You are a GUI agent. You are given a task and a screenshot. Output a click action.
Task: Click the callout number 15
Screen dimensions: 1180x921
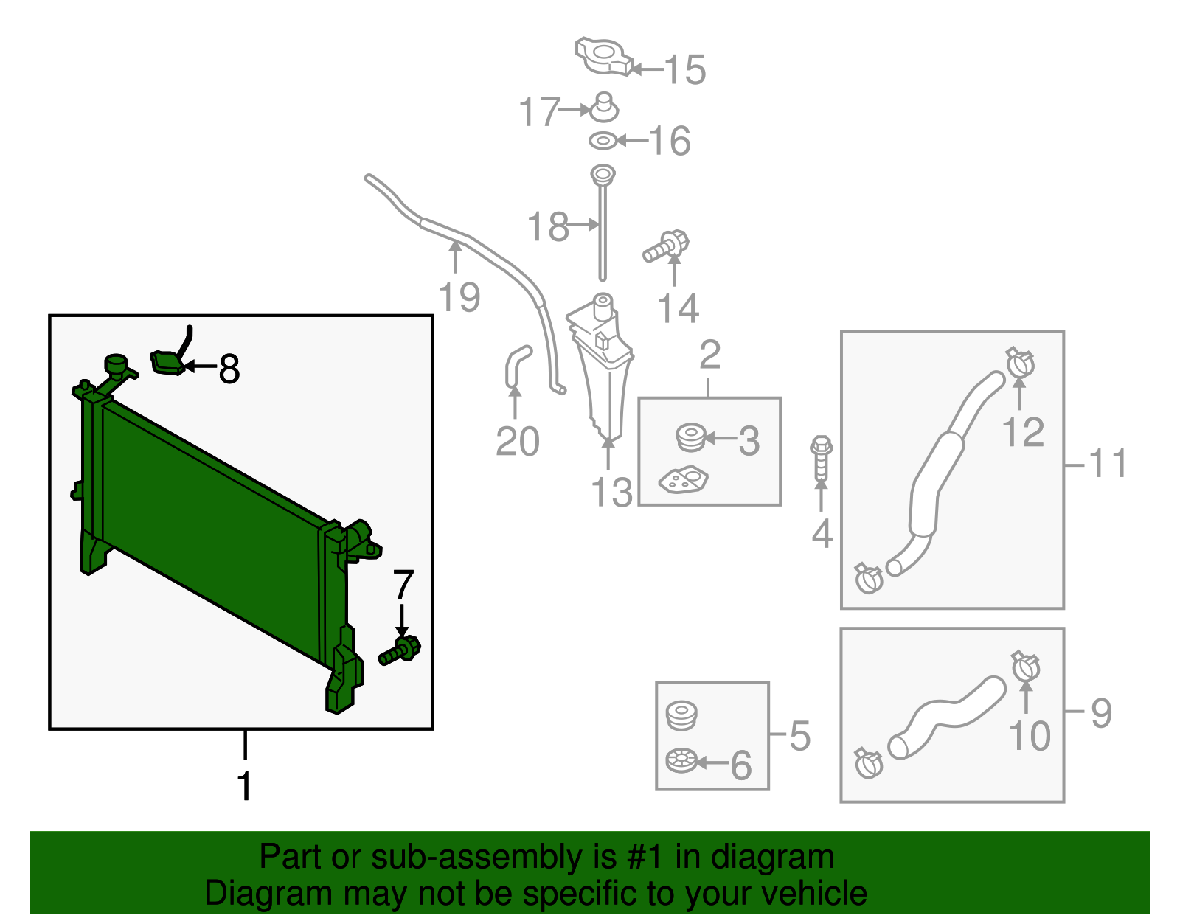684,69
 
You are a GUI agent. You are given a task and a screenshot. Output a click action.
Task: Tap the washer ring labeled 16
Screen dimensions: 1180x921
603,142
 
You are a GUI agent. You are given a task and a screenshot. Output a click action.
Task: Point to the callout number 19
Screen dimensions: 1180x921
459,297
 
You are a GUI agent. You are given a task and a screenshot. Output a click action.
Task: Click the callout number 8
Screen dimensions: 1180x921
229,369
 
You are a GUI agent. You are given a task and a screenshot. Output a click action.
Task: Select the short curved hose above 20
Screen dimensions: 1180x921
517,366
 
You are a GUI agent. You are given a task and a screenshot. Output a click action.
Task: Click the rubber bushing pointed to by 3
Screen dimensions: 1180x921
691,437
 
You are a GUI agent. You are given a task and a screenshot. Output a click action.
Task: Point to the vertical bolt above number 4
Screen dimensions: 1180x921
821,457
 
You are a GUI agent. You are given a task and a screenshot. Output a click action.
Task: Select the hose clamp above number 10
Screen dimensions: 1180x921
1025,667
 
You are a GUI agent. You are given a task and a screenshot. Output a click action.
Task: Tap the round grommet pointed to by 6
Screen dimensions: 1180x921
681,760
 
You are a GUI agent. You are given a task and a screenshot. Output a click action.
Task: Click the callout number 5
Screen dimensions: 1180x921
800,736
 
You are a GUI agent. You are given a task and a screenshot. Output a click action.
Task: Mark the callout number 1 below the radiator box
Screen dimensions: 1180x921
245,785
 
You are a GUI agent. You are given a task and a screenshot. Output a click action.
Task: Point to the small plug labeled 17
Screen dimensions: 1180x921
604,108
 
